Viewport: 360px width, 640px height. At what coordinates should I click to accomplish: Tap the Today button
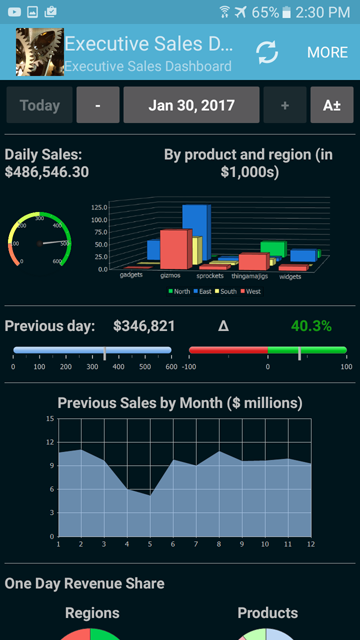39,105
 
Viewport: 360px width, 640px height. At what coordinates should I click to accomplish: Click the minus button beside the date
97,105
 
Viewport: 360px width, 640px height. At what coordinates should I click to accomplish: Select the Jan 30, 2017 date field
191,105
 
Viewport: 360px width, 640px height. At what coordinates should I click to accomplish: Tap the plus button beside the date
286,105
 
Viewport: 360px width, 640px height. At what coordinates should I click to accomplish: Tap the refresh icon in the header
267,52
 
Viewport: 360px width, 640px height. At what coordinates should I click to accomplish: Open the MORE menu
327,52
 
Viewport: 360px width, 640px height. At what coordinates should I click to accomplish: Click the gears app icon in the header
38,52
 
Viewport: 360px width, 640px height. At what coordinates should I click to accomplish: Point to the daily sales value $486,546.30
47,172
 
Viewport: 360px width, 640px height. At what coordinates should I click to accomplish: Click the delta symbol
223,326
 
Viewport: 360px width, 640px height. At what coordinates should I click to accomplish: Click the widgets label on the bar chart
290,277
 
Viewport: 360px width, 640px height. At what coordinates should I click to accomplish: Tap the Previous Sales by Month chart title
180,403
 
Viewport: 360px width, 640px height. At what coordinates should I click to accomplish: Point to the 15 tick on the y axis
50,418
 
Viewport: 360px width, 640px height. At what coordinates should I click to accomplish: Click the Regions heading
92,613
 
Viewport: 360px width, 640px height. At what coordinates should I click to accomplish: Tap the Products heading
267,613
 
